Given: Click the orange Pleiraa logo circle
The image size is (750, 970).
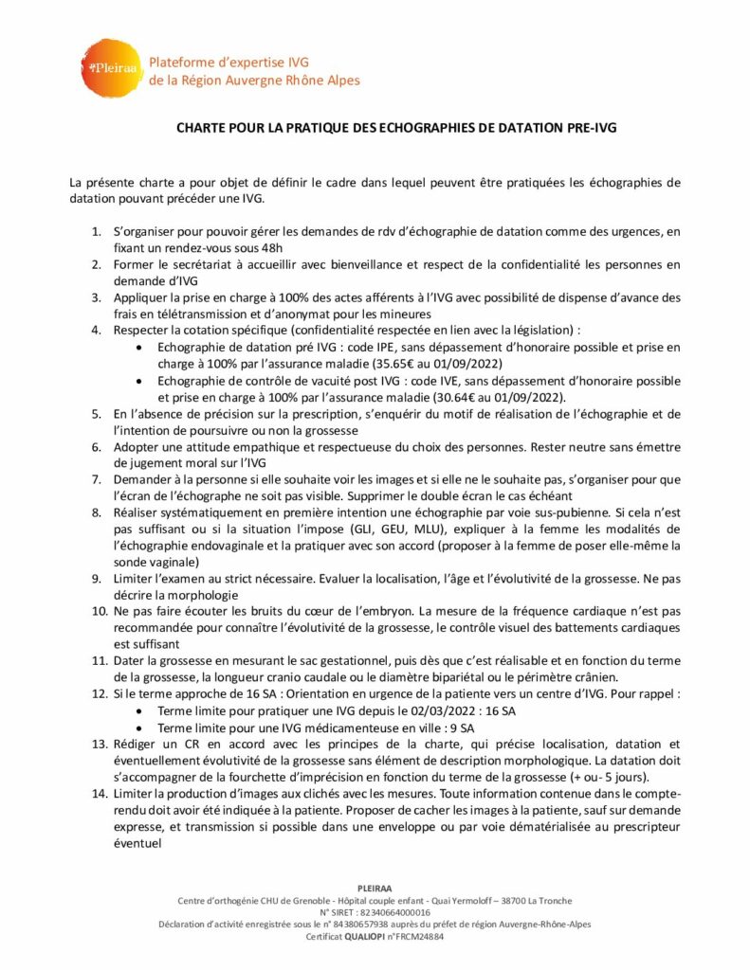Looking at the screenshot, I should pos(109,67).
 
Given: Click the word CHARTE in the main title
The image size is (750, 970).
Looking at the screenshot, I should pos(203,130).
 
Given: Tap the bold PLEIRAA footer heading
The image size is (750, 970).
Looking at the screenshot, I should pos(375,888).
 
